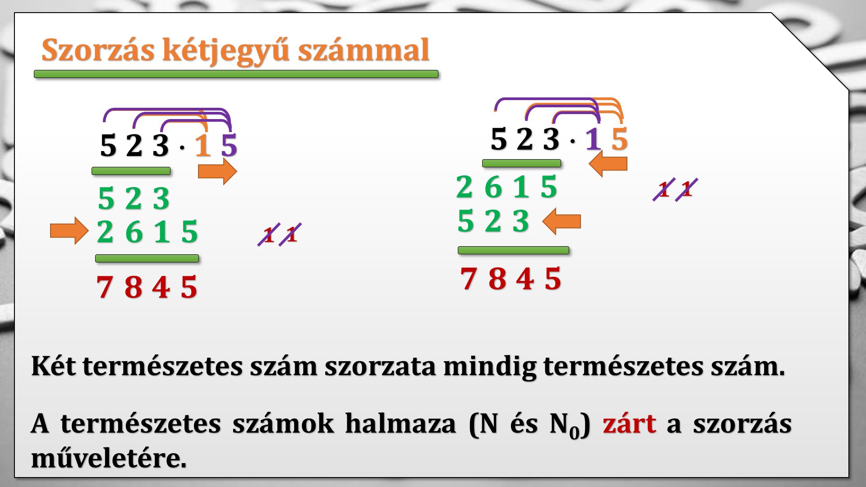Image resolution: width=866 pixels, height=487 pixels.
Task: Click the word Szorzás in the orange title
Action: pyautogui.click(x=98, y=50)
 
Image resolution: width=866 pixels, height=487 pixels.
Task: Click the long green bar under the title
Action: pyautogui.click(x=236, y=74)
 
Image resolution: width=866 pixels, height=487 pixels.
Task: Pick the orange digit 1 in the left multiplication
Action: pyautogui.click(x=203, y=146)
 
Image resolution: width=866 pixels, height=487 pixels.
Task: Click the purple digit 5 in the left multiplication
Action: pyautogui.click(x=229, y=146)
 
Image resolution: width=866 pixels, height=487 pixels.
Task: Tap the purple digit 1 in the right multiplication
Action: pyautogui.click(x=593, y=139)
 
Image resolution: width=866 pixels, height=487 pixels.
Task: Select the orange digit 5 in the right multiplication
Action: pyautogui.click(x=619, y=139)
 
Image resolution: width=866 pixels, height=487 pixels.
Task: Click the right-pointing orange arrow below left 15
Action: pyautogui.click(x=217, y=171)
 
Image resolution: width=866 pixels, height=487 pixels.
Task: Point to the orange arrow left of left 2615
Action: pyautogui.click(x=69, y=231)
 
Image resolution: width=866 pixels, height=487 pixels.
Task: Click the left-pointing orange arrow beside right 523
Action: pyautogui.click(x=562, y=221)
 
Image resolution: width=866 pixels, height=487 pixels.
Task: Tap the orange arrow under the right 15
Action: pyautogui.click(x=608, y=164)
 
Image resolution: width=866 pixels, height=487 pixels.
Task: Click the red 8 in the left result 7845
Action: pyautogui.click(x=133, y=287)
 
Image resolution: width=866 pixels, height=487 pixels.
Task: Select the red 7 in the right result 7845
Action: pyautogui.click(x=468, y=278)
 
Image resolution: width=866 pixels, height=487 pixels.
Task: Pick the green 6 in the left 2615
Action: pyautogui.click(x=134, y=232)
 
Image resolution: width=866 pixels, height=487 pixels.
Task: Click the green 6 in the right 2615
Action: pyautogui.click(x=493, y=187)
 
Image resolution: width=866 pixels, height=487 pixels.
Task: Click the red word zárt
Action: pyautogui.click(x=629, y=424)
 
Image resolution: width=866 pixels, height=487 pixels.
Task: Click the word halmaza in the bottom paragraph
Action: pyautogui.click(x=401, y=424)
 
